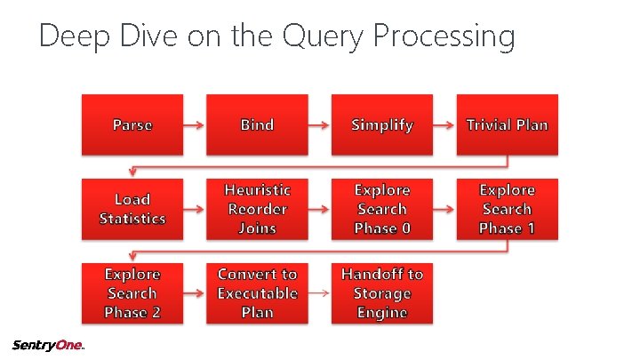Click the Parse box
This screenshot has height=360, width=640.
pos(132,124)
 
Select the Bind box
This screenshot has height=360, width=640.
pos(257,124)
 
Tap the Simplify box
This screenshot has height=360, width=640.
pos(382,124)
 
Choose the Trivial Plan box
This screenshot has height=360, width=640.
pos(507,124)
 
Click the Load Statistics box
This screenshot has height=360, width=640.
pos(132,209)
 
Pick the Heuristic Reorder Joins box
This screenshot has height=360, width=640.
pos(257,209)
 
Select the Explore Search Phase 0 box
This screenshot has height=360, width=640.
pos(382,209)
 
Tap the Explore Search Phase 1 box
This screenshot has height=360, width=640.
pos(507,209)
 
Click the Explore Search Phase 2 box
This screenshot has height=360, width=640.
pos(132,293)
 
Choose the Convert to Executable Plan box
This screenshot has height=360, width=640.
pos(257,293)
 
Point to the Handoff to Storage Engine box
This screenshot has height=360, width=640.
pos(382,293)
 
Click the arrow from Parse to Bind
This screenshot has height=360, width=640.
pos(195,125)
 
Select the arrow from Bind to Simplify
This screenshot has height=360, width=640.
pos(319,125)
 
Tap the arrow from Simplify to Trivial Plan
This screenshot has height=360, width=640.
pos(444,125)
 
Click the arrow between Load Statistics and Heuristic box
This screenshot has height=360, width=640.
pos(195,210)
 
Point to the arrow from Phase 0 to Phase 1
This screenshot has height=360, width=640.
pos(444,210)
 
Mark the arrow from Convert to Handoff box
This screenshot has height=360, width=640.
pos(319,294)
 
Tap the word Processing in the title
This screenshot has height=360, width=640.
pos(444,37)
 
